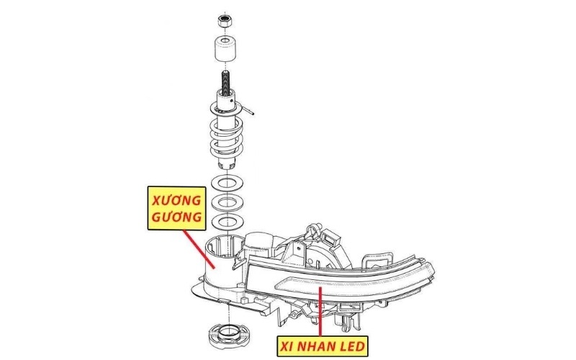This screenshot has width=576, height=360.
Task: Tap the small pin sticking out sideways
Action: coord(248,111)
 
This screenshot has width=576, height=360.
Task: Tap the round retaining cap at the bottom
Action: coord(228,336)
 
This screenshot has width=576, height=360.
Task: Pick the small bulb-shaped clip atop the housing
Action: coord(313,230)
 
